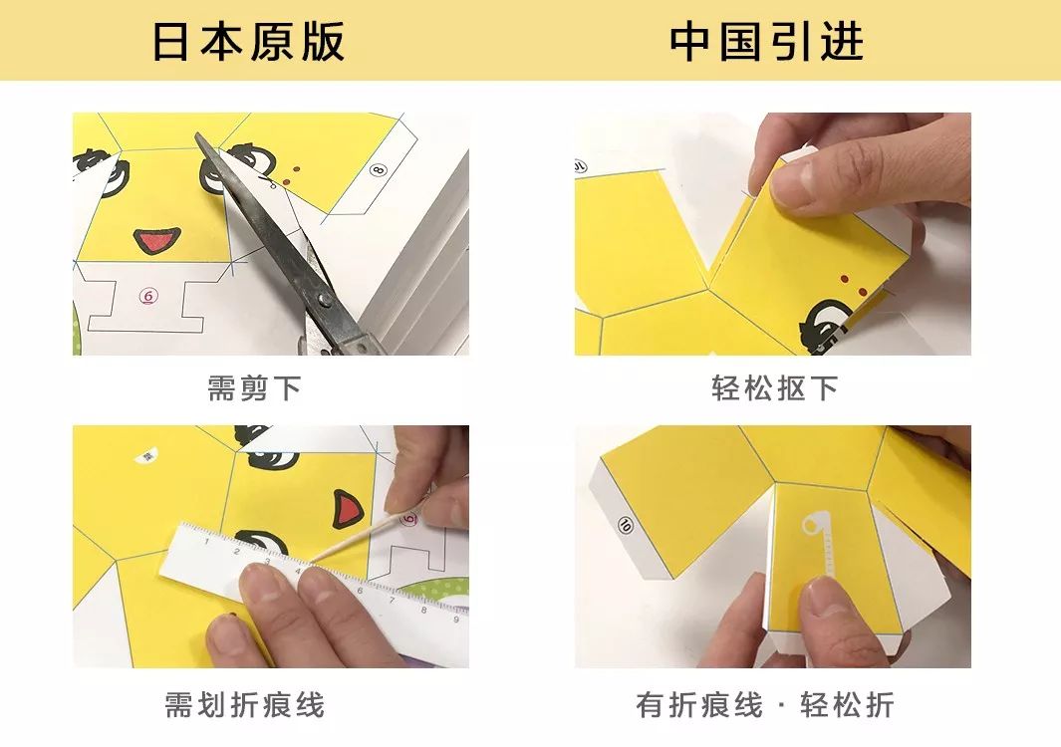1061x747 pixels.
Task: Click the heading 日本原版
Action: click(249, 42)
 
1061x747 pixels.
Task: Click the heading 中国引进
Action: click(766, 42)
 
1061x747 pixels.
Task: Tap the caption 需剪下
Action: click(253, 388)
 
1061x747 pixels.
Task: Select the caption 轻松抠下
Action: click(774, 388)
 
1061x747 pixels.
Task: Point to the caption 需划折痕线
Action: click(245, 706)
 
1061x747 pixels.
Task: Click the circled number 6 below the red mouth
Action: click(147, 296)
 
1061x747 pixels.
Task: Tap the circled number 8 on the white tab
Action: click(378, 169)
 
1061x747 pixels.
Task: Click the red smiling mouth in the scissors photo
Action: click(157, 240)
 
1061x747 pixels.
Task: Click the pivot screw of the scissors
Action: click(321, 297)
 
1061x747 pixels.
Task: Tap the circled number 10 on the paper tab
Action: click(626, 524)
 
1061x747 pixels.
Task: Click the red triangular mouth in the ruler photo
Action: click(346, 511)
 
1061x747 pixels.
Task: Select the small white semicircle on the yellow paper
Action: click(146, 455)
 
